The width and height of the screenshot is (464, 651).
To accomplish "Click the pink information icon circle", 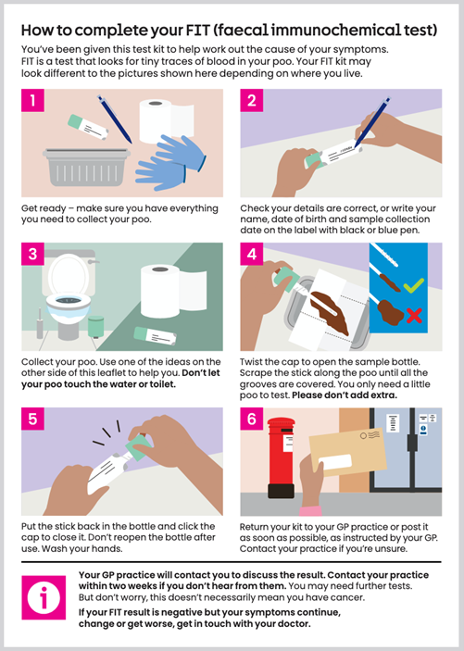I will (45, 598).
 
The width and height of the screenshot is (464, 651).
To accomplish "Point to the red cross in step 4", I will (414, 318).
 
